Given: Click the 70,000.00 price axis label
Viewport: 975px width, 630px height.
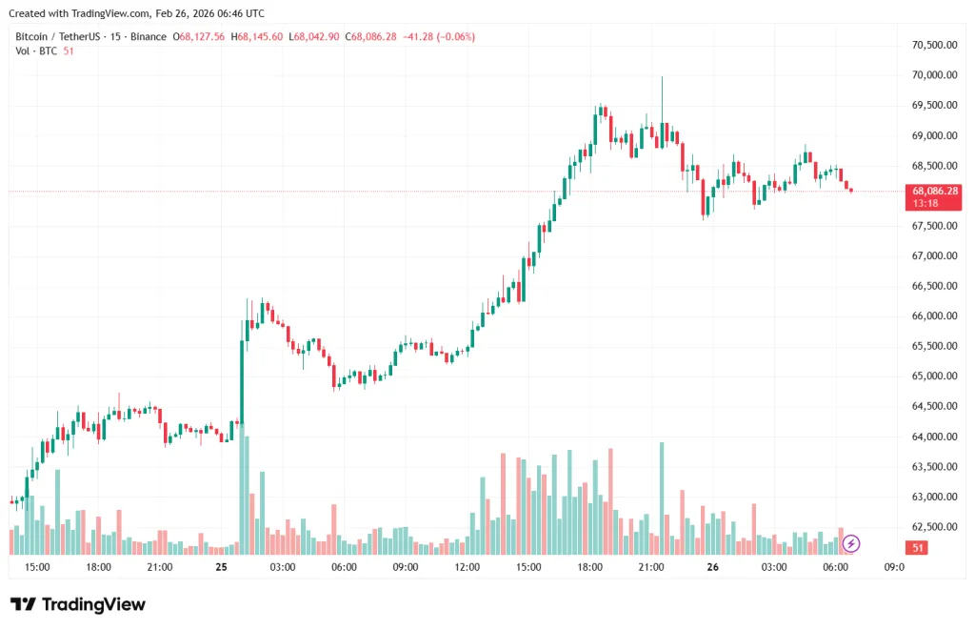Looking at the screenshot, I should (x=933, y=75).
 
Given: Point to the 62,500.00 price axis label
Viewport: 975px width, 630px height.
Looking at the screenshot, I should (x=933, y=527).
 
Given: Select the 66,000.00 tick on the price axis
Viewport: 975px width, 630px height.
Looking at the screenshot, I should (x=933, y=316).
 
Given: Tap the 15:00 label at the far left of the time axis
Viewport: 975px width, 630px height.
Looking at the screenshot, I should (x=37, y=566).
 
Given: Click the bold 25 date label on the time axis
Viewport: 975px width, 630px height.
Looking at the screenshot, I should (x=221, y=566).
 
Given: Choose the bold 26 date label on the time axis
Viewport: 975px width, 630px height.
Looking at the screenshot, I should (x=712, y=566).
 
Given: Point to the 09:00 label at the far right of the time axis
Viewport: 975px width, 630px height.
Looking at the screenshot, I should (x=894, y=566).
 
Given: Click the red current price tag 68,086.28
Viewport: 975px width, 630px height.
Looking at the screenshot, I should (x=935, y=191).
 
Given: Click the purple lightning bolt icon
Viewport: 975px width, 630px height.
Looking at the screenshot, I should (x=851, y=543).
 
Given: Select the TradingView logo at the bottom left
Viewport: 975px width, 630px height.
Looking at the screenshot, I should (x=78, y=604).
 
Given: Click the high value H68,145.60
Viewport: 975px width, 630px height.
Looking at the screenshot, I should (x=256, y=36).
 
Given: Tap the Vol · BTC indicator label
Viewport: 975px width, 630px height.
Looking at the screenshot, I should (x=36, y=51).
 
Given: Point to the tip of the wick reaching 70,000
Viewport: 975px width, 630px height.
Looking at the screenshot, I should (x=662, y=77).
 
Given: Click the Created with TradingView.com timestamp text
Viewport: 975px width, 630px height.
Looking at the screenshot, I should (x=136, y=13).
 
